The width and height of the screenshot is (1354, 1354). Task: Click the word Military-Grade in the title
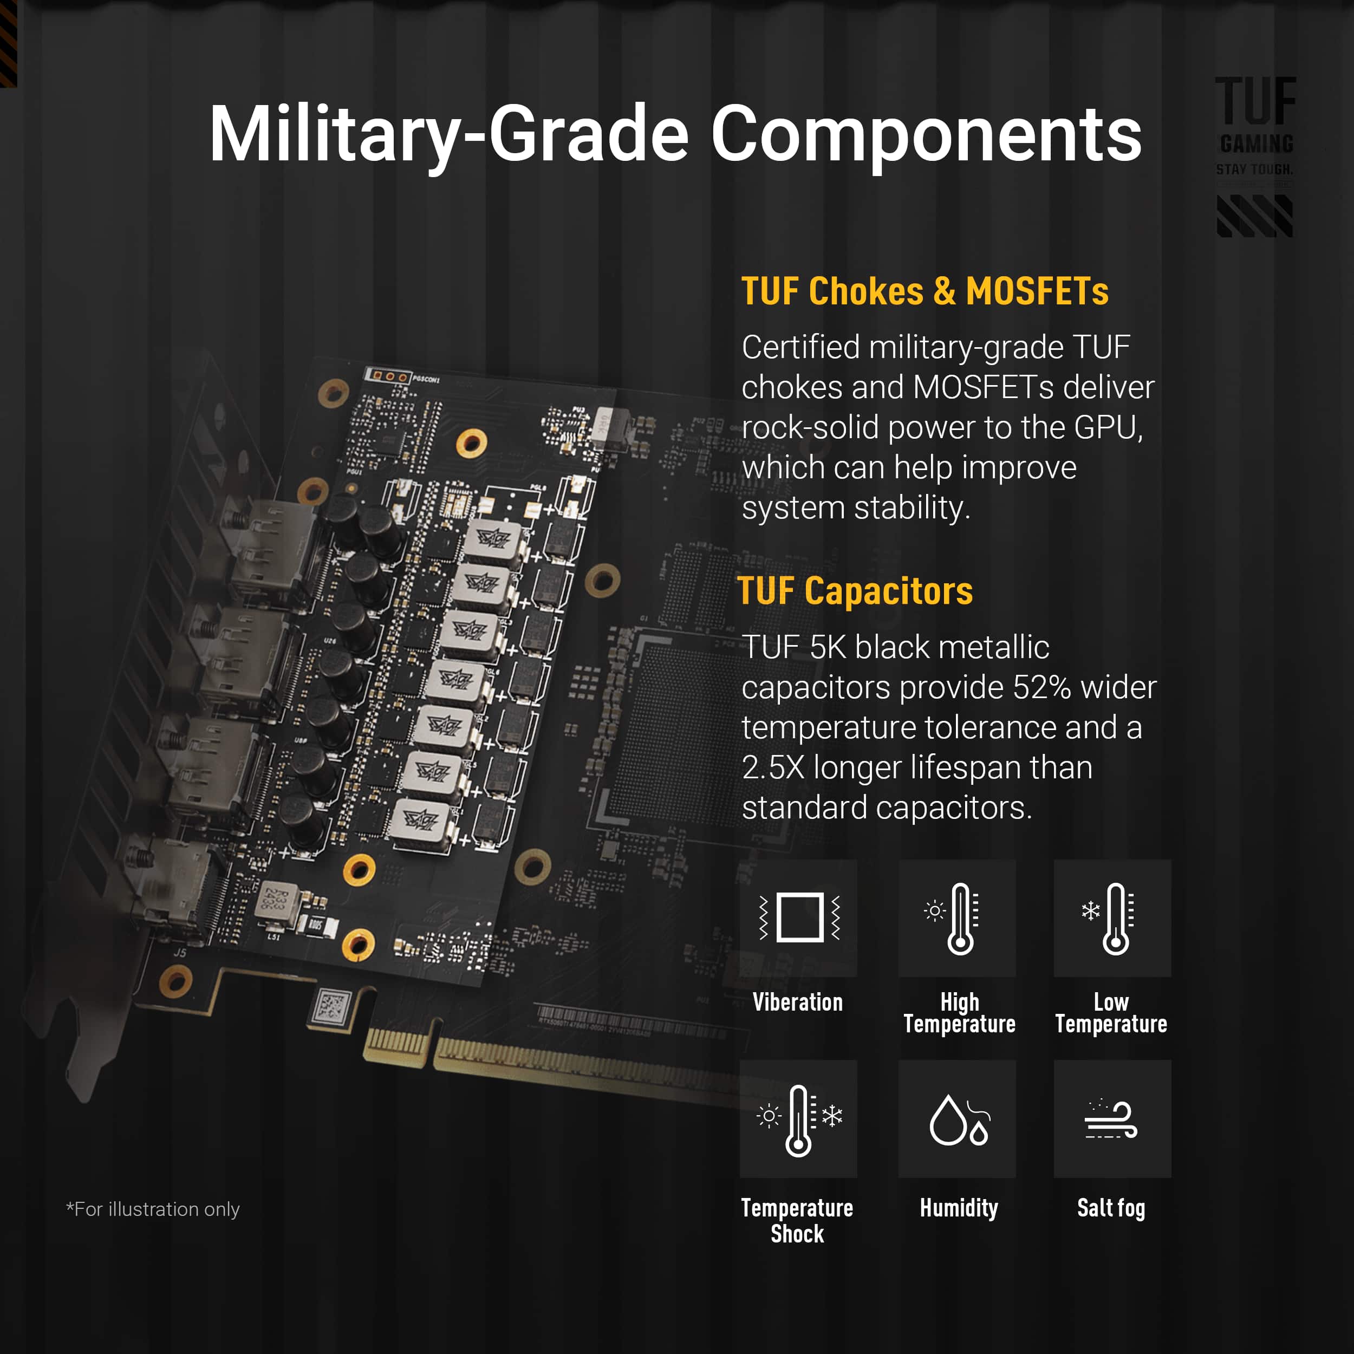click(x=448, y=133)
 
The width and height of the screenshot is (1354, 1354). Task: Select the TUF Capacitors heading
click(x=855, y=591)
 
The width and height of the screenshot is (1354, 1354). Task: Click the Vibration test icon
click(x=798, y=917)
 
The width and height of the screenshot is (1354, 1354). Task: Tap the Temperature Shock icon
click(x=798, y=1119)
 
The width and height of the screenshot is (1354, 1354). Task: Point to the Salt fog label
click(x=1111, y=1208)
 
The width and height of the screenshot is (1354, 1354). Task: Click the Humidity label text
click(x=958, y=1208)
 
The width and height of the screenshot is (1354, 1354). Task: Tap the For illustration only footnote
click(x=153, y=1209)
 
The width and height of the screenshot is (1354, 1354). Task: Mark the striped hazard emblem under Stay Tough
click(x=1254, y=216)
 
